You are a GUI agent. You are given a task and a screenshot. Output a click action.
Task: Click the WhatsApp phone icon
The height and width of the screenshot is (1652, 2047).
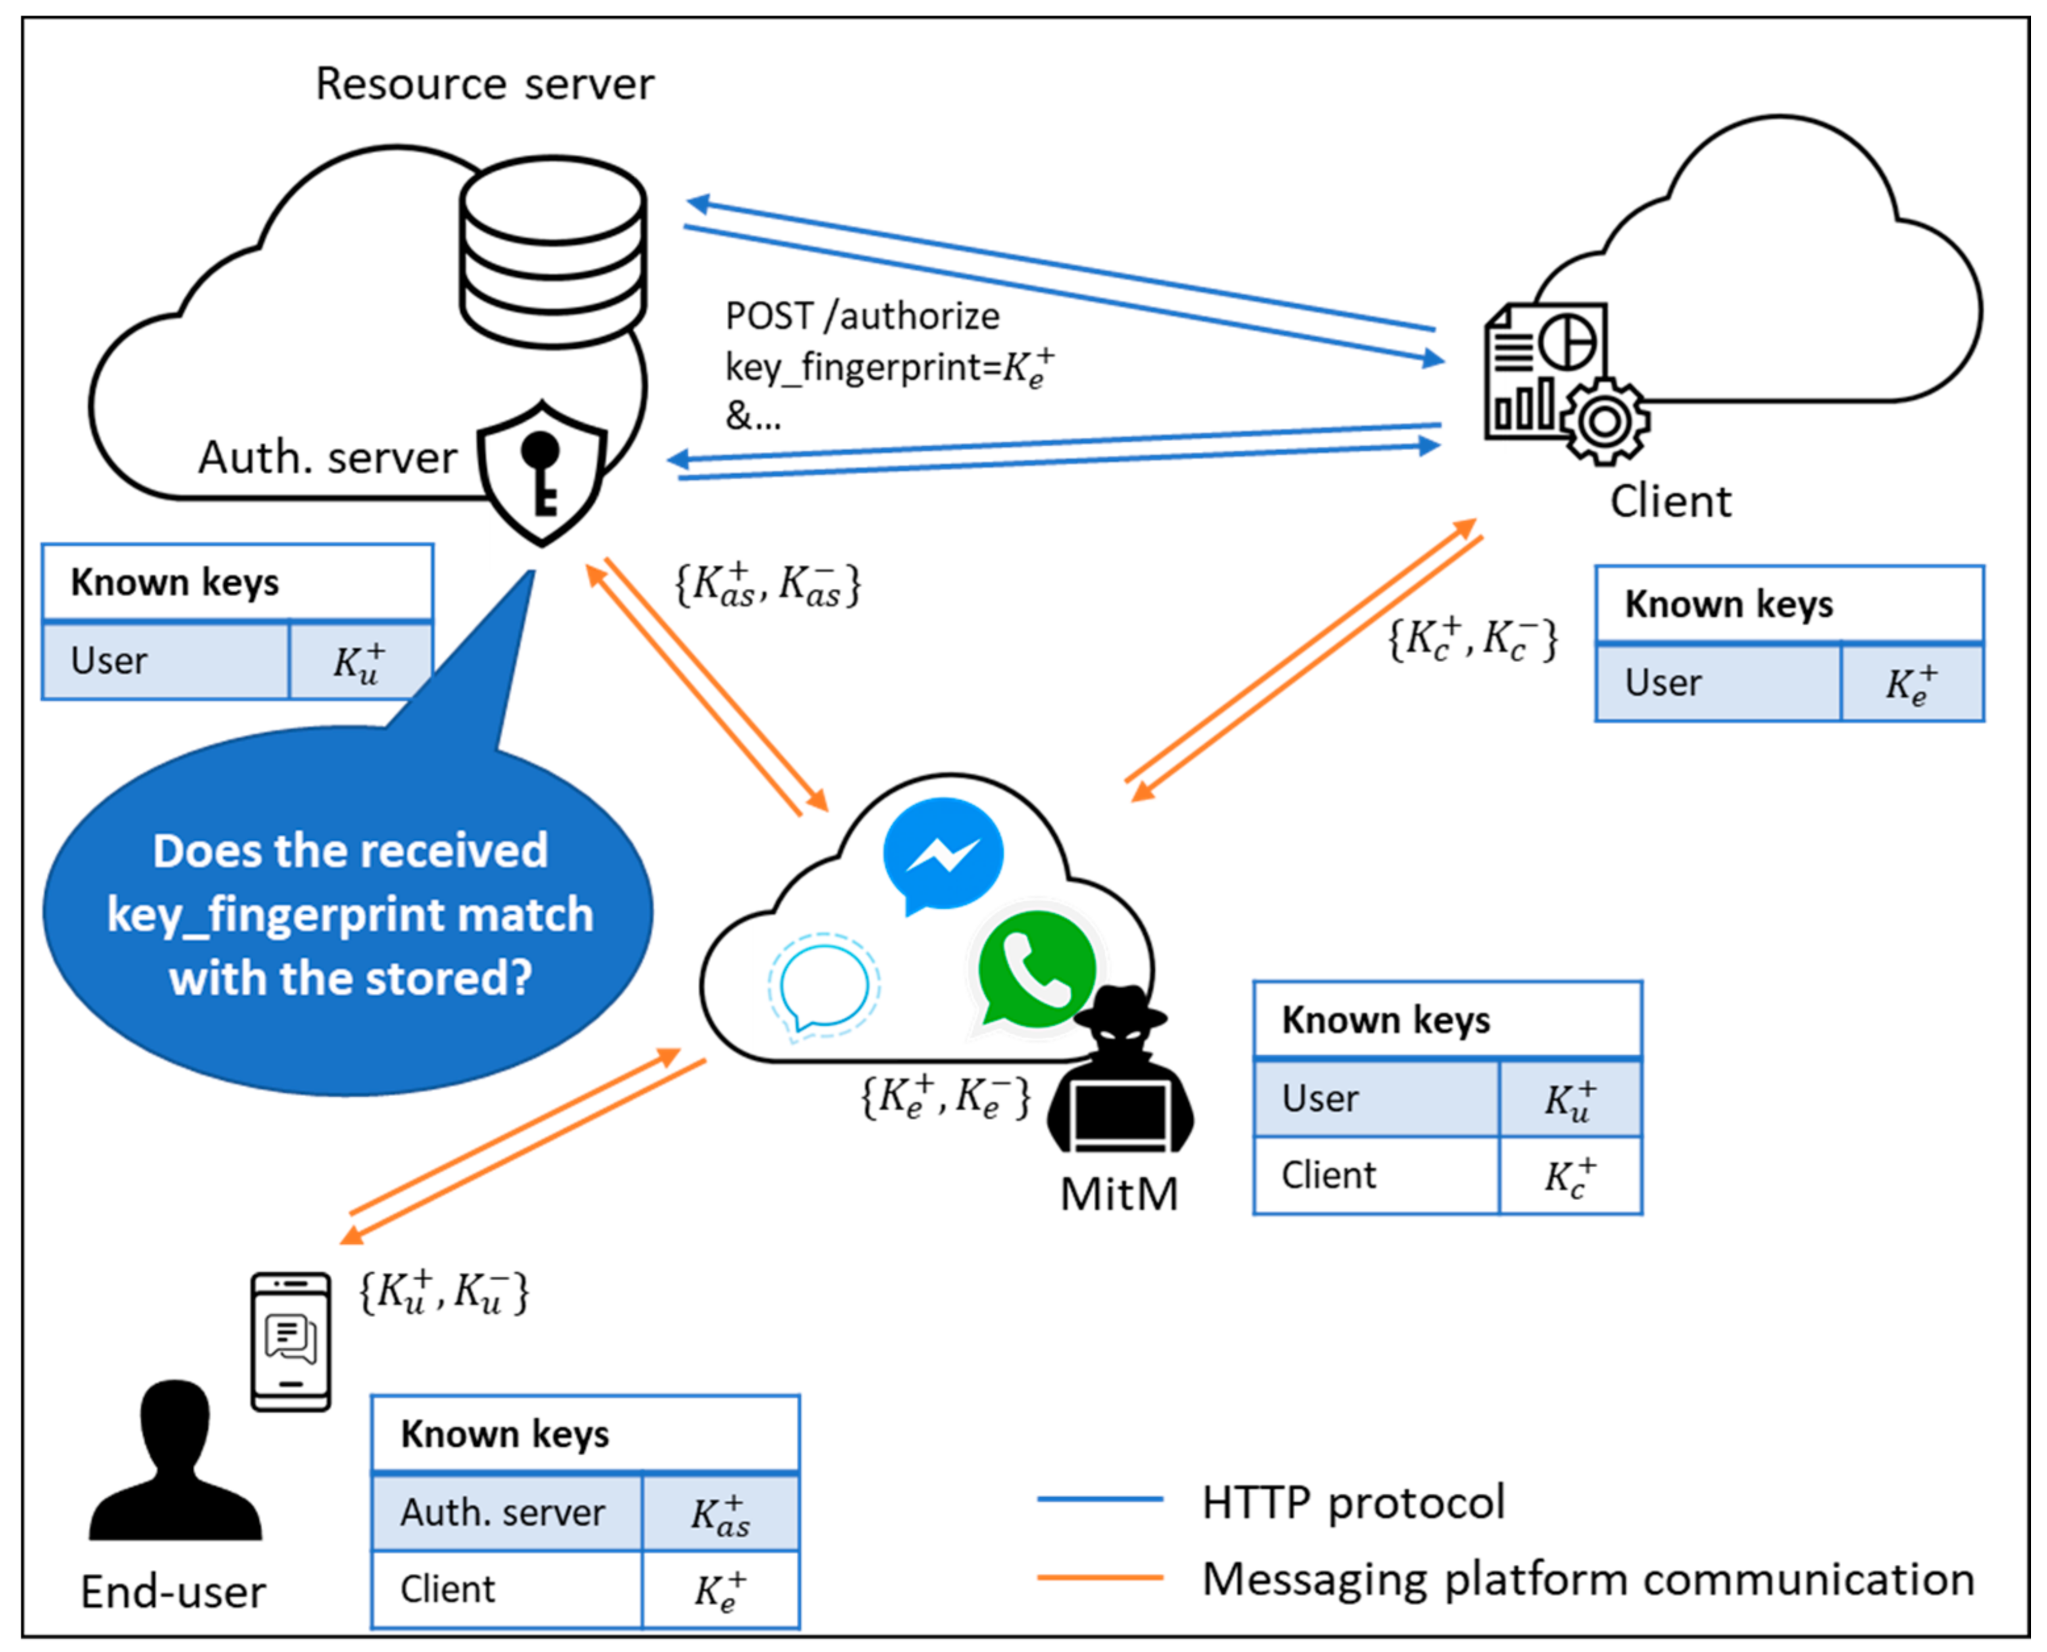click(1037, 968)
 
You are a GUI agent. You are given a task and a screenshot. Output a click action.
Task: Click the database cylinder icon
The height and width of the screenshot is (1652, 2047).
click(553, 252)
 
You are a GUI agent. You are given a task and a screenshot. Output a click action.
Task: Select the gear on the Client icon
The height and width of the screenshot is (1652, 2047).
click(1604, 421)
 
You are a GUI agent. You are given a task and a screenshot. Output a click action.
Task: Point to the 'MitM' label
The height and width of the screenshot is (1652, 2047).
click(1119, 1194)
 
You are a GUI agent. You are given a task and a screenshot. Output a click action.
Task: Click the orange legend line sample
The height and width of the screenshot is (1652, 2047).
click(1100, 1578)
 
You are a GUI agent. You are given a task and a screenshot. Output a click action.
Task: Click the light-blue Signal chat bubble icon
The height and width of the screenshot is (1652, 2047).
click(823, 987)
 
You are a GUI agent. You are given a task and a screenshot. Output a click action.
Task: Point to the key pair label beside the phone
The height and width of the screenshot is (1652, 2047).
click(443, 1293)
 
